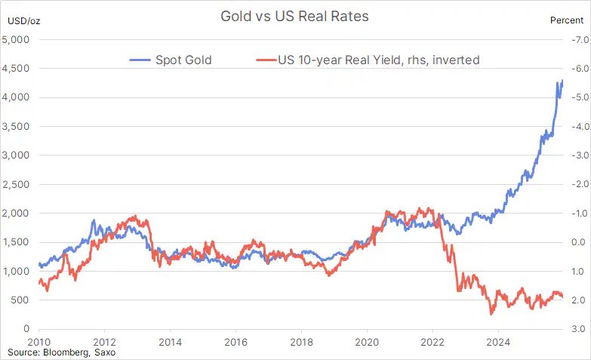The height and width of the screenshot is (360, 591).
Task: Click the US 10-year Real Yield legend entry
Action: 368,60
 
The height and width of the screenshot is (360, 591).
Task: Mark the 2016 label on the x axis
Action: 235,341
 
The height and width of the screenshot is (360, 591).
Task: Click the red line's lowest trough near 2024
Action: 491,313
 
